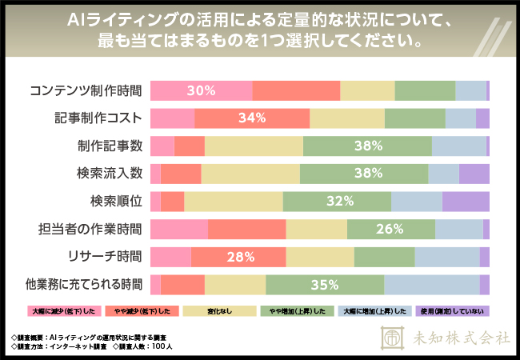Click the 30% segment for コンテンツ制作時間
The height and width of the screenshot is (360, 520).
click(202, 90)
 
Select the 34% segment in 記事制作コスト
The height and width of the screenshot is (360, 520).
click(251, 118)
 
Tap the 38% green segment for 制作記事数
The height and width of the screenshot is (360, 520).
click(367, 146)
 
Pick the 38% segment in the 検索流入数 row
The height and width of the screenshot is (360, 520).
click(364, 174)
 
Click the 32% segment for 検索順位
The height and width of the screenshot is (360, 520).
click(337, 202)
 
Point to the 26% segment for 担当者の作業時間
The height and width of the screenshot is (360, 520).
click(391, 229)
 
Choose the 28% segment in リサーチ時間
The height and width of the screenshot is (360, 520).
click(238, 257)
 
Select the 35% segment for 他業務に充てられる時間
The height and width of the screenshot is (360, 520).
click(325, 284)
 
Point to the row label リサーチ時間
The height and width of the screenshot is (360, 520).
click(105, 257)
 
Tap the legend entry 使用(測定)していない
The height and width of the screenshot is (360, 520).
click(453, 310)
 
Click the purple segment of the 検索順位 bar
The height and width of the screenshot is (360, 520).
click(466, 202)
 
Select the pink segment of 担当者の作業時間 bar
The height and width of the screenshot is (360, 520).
click(179, 229)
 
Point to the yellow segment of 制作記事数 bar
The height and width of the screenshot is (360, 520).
click(254, 146)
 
